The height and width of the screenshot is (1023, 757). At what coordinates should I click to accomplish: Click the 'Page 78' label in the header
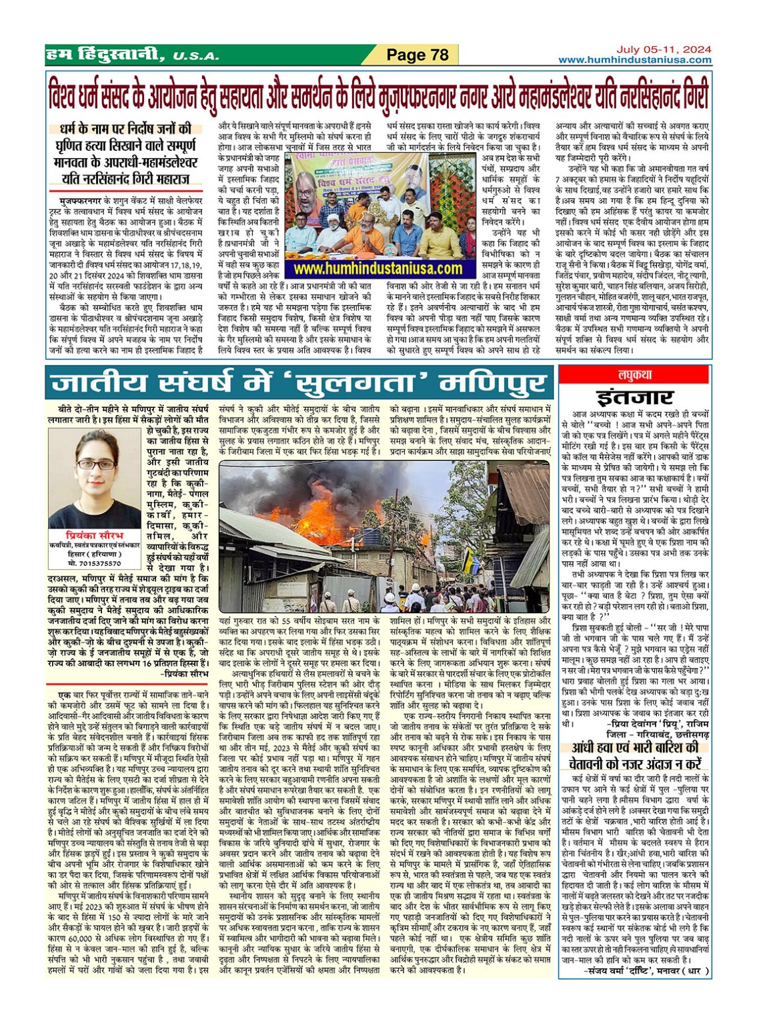[x=418, y=55]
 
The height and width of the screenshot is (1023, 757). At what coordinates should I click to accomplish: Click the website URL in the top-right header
[x=634, y=60]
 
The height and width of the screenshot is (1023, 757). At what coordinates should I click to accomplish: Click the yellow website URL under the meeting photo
[x=377, y=268]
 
